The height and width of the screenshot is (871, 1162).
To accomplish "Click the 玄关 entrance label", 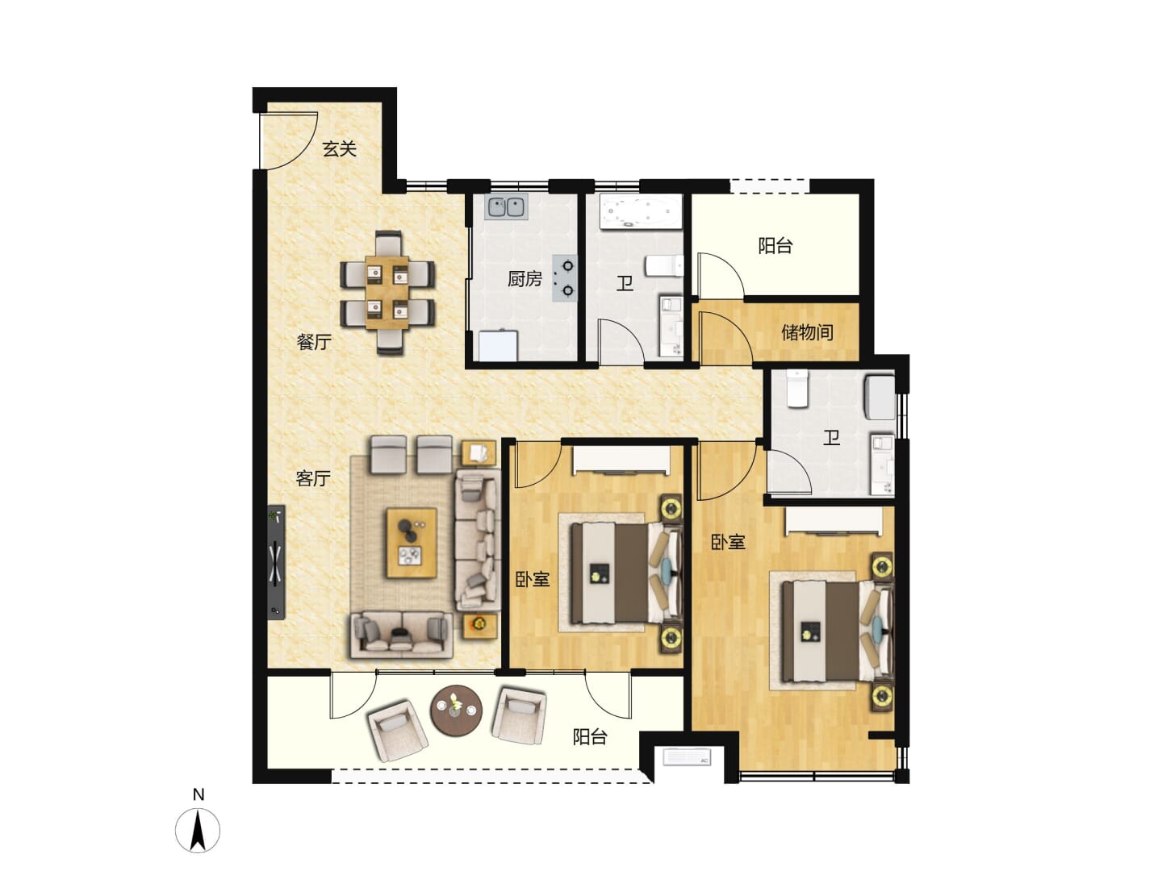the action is (339, 149).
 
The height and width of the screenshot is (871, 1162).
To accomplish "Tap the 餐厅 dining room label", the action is (314, 342).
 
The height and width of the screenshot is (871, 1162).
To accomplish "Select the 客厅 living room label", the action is (313, 478).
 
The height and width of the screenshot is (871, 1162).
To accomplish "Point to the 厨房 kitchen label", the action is (525, 279).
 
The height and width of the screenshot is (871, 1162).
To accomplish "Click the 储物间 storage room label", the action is (807, 332).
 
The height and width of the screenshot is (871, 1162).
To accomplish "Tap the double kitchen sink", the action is (507, 207).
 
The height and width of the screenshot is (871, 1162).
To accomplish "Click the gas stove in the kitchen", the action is (564, 278).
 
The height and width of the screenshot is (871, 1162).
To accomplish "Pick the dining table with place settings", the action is (387, 293).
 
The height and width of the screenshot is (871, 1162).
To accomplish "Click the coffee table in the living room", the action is (412, 543).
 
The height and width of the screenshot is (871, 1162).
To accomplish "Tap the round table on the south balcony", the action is (457, 711).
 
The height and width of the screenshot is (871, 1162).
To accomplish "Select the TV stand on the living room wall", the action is (276, 561).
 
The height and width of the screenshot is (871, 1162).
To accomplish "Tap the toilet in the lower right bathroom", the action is (797, 389).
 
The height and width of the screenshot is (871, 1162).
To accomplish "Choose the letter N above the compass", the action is (199, 794).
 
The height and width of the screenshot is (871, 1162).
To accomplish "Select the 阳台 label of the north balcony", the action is (775, 245).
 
